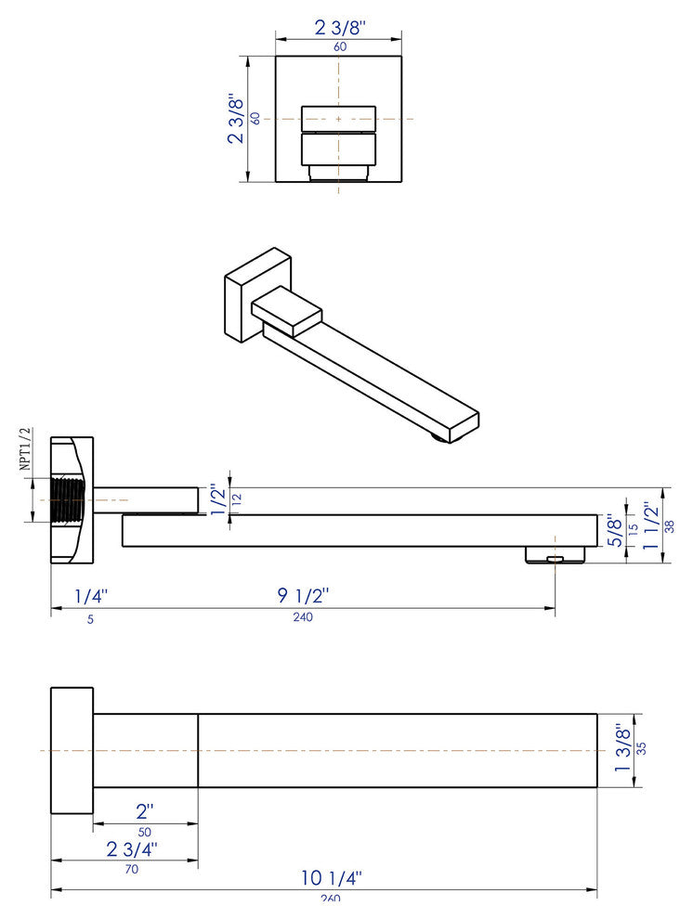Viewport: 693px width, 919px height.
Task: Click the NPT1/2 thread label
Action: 26,450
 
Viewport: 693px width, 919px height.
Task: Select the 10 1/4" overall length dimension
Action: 332,877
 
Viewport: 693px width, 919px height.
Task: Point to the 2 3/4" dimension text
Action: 132,849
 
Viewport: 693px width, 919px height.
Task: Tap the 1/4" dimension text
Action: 92,595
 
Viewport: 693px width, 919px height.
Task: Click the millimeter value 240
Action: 303,618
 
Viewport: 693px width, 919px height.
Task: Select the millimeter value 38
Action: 670,524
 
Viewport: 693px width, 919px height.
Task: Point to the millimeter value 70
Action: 131,870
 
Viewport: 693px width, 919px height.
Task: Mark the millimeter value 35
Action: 667,749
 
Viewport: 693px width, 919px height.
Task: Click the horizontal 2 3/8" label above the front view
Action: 338,27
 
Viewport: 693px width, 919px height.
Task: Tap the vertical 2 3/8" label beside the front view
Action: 236,119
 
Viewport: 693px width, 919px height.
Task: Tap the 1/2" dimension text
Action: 217,499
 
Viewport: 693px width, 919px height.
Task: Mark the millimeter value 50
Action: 144,832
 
